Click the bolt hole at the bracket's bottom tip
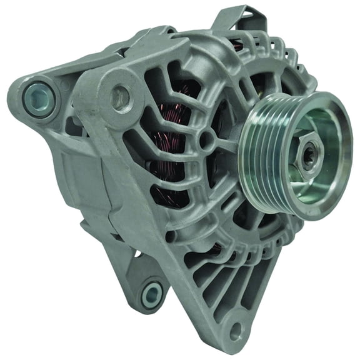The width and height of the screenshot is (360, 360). [235, 329]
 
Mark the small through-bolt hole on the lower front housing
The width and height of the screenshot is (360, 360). [170, 237]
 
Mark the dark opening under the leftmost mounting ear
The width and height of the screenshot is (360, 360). [72, 125]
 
